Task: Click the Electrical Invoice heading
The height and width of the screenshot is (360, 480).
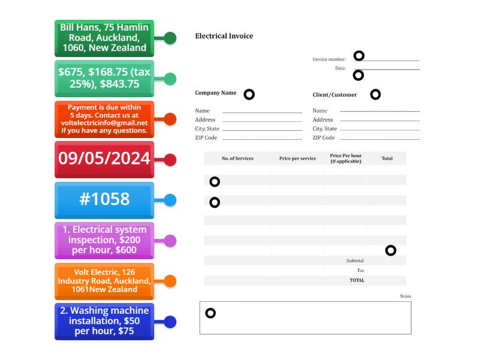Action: (x=224, y=36)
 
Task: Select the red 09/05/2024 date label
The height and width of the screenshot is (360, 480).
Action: (x=104, y=159)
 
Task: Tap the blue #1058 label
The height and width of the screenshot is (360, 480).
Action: (x=104, y=200)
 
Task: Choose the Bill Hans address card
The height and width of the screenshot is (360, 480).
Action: (x=104, y=38)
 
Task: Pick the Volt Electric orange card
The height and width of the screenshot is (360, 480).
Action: (x=104, y=281)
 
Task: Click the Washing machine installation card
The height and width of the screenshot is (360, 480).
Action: (x=104, y=321)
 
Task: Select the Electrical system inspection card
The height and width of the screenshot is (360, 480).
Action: (x=104, y=240)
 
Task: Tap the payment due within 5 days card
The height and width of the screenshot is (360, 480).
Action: (x=104, y=119)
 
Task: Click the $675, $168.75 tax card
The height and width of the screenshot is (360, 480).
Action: (x=104, y=78)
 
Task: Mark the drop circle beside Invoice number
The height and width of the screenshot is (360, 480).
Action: (x=359, y=56)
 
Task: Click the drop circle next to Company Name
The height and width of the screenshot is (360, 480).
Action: (x=249, y=94)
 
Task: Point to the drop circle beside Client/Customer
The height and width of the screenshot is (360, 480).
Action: (x=376, y=94)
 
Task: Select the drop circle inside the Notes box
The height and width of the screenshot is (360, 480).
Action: (x=211, y=313)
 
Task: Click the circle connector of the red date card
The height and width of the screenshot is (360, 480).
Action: (x=170, y=160)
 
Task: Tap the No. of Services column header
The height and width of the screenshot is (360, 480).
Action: (x=238, y=158)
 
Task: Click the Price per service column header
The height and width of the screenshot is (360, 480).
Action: (x=298, y=158)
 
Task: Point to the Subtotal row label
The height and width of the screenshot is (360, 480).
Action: (x=355, y=260)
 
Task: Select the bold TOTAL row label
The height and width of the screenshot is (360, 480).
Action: (x=357, y=280)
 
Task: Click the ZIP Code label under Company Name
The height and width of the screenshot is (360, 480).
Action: (x=206, y=138)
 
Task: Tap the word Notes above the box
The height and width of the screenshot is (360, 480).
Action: (x=406, y=296)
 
